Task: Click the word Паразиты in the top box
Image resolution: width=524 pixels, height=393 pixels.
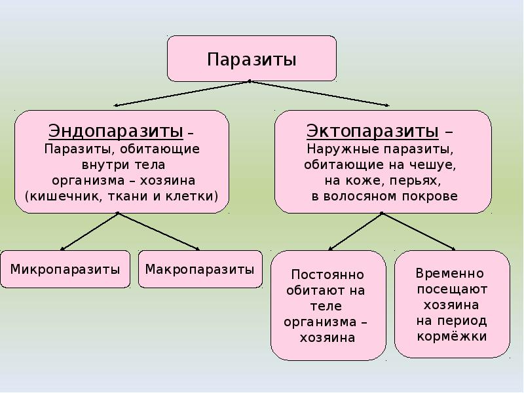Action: coord(252,60)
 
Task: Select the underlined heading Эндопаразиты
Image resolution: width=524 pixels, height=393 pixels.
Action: coord(116,131)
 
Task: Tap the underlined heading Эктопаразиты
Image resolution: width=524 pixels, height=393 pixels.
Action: coord(373,131)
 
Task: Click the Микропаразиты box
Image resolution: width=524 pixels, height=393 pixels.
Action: coord(65,269)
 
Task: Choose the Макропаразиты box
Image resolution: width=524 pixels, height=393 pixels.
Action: coord(200,269)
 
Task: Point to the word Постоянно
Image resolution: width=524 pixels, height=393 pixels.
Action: coord(327,274)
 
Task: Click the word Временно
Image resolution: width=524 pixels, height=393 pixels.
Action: coord(450,273)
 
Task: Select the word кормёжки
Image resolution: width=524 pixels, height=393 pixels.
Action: coord(452,336)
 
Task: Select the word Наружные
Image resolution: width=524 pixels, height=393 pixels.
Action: coord(342,149)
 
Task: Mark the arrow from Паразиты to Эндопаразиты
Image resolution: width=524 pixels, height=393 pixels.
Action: coord(181,93)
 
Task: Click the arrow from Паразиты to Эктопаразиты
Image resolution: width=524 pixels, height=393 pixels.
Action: coord(319,93)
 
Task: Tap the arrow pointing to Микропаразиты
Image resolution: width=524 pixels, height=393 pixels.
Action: coord(89,231)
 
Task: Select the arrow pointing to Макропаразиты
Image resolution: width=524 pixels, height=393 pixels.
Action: coord(159,231)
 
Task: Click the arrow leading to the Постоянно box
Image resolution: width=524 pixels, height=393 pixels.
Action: coord(355,231)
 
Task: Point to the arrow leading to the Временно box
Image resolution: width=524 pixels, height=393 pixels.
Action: coord(419,231)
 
